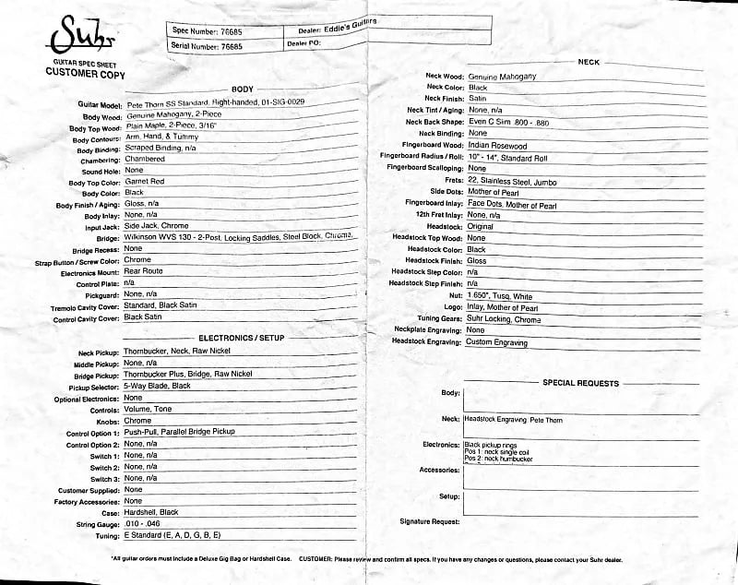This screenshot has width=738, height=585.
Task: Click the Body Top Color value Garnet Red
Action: click(x=145, y=182)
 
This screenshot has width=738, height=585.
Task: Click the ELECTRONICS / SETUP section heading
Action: click(x=242, y=338)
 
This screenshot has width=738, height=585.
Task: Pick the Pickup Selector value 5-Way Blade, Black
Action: click(x=158, y=386)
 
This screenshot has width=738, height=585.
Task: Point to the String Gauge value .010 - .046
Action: click(x=148, y=524)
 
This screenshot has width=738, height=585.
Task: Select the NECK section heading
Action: click(x=588, y=61)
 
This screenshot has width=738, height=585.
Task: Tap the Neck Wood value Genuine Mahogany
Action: click(x=502, y=76)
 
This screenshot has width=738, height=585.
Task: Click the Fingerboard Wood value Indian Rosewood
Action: click(x=498, y=146)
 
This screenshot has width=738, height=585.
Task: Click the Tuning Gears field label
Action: click(x=433, y=319)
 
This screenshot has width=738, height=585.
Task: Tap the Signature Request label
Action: click(x=430, y=521)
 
